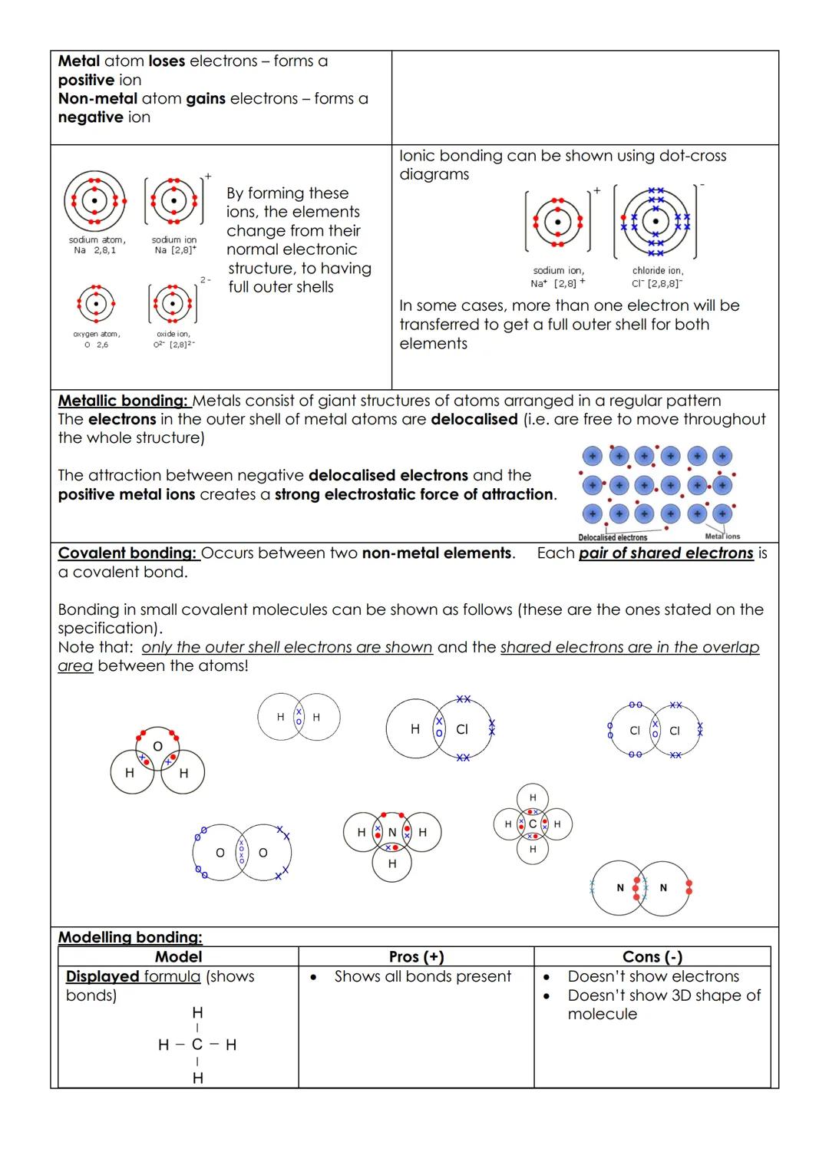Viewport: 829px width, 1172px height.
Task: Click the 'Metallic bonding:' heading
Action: coord(123,401)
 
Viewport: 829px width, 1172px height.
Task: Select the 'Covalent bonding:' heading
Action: coord(127,553)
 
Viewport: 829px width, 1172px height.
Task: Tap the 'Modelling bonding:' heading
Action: coord(130,937)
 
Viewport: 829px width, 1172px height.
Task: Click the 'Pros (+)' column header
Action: coord(416,957)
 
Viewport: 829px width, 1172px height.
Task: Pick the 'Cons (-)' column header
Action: coord(652,957)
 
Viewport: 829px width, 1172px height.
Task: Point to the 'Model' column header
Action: coord(178,957)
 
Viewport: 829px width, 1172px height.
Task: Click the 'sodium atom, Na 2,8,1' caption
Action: coord(97,245)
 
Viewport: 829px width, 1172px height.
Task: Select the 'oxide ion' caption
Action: coord(173,339)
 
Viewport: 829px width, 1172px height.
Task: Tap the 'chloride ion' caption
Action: coord(658,276)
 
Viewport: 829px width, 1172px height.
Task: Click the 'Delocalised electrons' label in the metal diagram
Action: coord(612,537)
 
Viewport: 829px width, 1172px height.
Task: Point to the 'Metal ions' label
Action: coord(722,536)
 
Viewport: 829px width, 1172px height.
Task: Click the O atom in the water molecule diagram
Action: coord(157,746)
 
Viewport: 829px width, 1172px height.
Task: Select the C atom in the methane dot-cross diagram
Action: coord(533,824)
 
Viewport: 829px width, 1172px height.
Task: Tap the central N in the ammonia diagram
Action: coord(391,832)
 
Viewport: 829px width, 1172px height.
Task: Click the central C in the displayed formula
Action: coord(197,1045)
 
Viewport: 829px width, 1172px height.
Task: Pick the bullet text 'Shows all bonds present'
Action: coord(422,976)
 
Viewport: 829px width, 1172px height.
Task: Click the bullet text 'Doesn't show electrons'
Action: coord(653,976)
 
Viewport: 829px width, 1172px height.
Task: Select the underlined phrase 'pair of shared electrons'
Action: coord(666,553)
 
